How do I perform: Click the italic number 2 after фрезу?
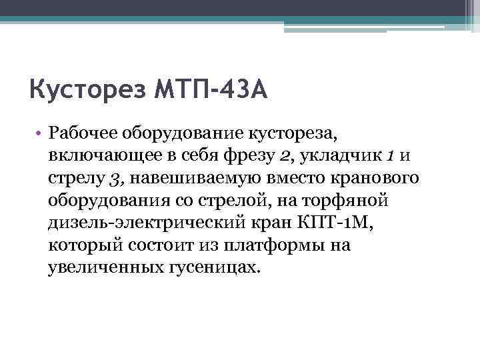[x=285, y=157]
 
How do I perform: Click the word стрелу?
[x=74, y=179]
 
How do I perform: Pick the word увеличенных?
[x=102, y=267]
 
